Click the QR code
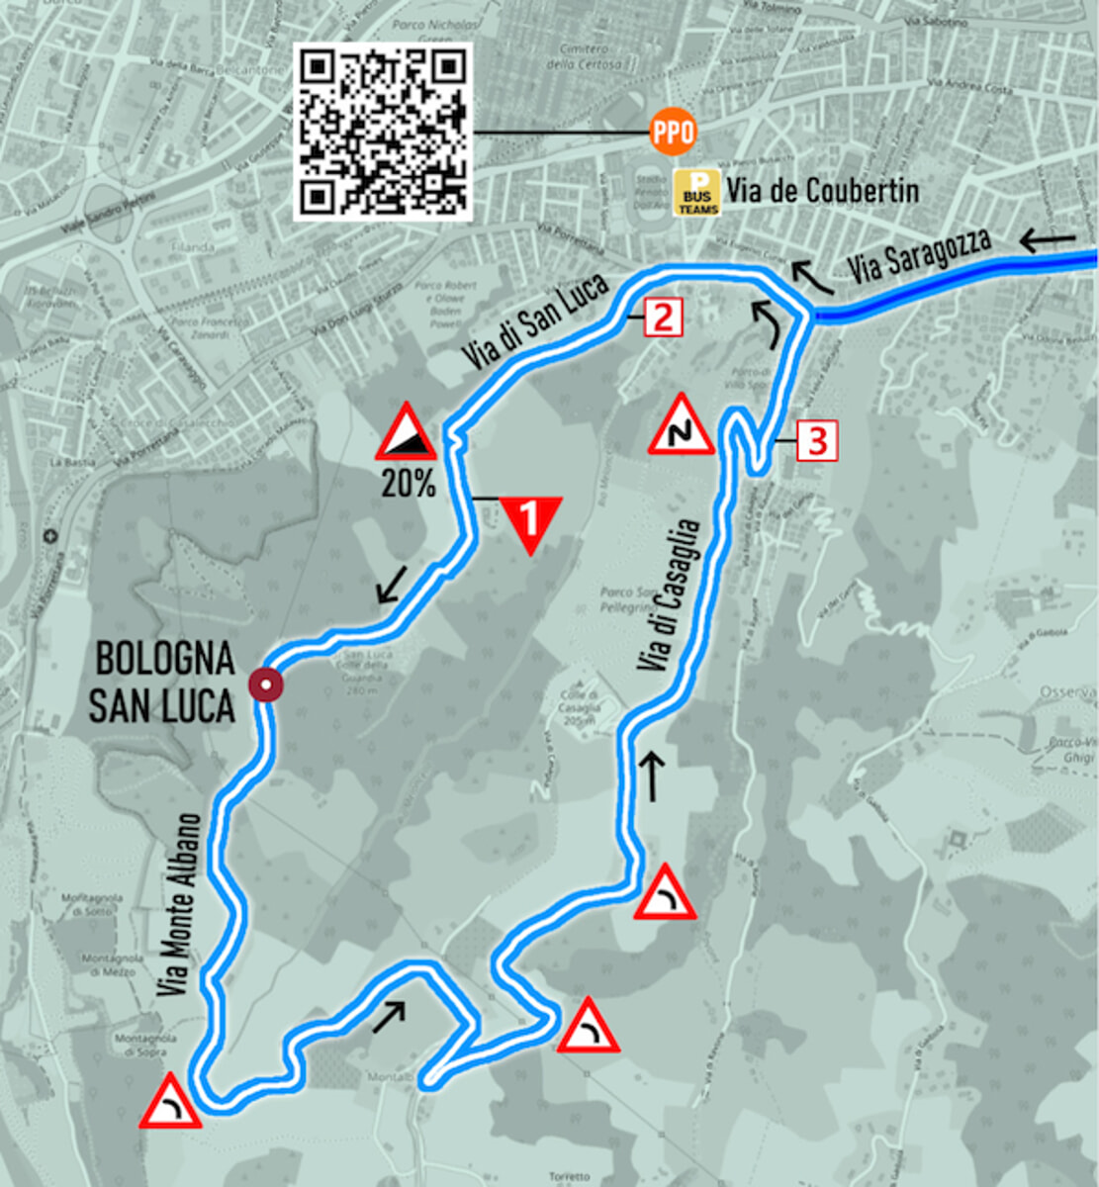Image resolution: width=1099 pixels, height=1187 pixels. (383, 132)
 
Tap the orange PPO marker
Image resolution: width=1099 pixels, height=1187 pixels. (673, 133)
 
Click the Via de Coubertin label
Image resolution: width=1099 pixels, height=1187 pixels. (823, 190)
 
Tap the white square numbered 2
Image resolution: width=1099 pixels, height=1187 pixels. (662, 318)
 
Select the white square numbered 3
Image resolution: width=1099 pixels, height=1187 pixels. (817, 440)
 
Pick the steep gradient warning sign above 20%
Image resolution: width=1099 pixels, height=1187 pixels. (406, 433)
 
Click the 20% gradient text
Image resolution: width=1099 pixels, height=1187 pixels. (408, 484)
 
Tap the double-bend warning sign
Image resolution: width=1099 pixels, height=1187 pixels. (681, 427)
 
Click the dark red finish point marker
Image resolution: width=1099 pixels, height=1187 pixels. (266, 685)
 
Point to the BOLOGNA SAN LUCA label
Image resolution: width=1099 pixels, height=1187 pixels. (163, 682)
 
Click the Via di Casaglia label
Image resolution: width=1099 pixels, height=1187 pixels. (672, 596)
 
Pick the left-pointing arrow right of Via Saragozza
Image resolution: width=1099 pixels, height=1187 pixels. (1048, 239)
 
